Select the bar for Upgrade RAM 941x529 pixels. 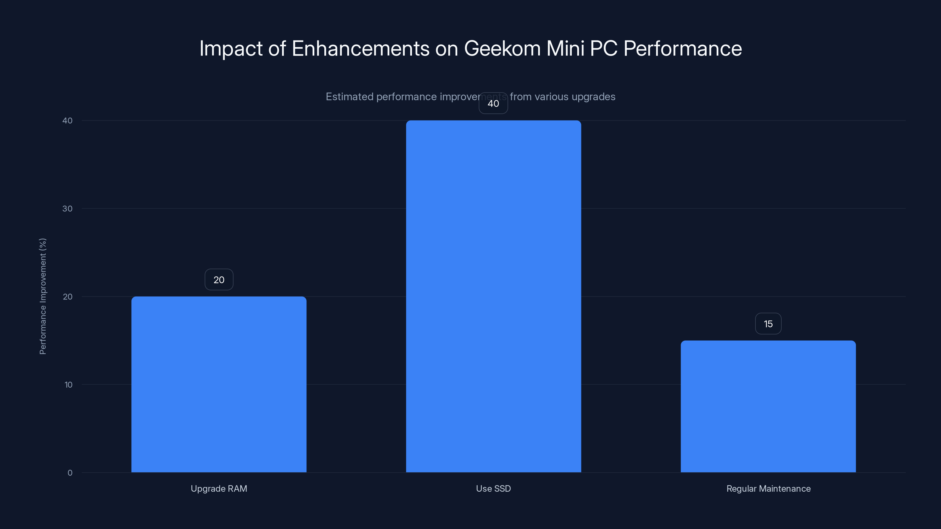[219, 384]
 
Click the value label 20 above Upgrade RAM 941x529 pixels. [219, 280]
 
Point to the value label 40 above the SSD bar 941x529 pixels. [493, 103]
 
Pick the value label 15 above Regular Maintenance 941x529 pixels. [768, 324]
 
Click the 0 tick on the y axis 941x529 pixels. [70, 473]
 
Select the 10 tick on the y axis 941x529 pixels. [68, 384]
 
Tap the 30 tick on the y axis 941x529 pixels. [67, 208]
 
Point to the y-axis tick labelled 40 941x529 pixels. [67, 120]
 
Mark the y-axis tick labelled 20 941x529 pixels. [67, 297]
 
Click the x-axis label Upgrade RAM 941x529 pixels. [219, 488]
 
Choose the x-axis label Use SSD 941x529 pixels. [493, 488]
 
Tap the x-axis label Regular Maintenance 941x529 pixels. [768, 488]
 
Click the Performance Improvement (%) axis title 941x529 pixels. [43, 296]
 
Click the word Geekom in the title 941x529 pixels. [502, 48]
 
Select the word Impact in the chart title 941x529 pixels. [231, 48]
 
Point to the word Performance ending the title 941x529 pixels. [682, 48]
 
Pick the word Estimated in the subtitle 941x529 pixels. [349, 97]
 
